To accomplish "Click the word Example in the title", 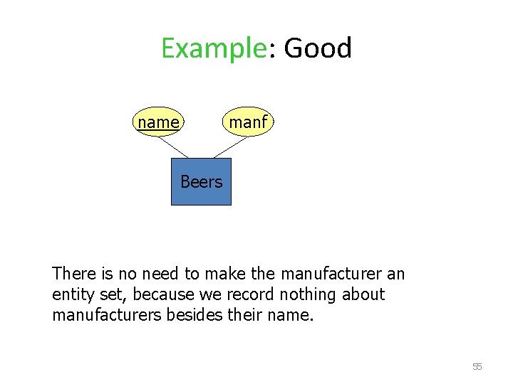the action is click(212, 48).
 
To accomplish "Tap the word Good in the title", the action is click(318, 48).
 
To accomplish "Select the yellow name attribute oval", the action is click(158, 122).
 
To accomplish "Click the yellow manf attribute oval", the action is click(247, 122).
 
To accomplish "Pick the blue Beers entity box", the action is click(201, 182).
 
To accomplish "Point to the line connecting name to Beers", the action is click(172, 146).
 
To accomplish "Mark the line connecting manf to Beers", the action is click(229, 146).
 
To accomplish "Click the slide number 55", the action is click(477, 367).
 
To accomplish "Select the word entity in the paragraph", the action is click(72, 294).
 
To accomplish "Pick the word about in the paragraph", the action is click(365, 294).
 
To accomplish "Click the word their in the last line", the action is click(250, 315).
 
